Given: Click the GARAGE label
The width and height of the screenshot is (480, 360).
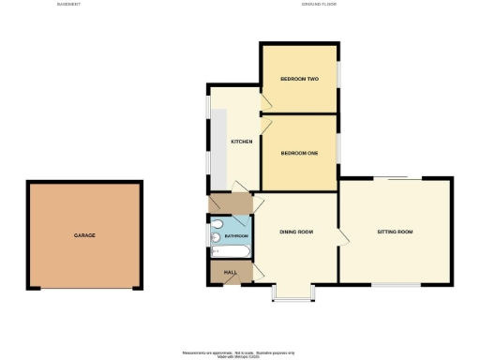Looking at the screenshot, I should (84, 235).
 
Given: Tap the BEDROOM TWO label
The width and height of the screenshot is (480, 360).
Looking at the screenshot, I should (299, 79).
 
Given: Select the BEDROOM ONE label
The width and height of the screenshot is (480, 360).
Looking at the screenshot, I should (299, 154).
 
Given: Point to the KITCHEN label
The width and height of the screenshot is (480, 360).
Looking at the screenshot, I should (242, 142).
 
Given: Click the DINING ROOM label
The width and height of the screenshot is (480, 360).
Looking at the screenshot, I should (296, 232).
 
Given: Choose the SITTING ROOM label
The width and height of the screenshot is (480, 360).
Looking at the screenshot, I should (395, 232).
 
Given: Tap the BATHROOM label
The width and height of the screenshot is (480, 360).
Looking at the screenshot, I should (235, 236).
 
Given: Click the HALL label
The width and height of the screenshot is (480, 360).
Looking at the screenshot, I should (230, 272).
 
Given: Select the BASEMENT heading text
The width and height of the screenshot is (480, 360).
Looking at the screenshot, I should (68, 5).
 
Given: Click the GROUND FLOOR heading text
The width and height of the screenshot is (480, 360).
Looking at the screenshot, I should (319, 5).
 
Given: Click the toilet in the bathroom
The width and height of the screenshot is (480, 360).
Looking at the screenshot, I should (214, 238).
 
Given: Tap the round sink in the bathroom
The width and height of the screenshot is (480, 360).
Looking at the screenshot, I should (215, 225).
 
